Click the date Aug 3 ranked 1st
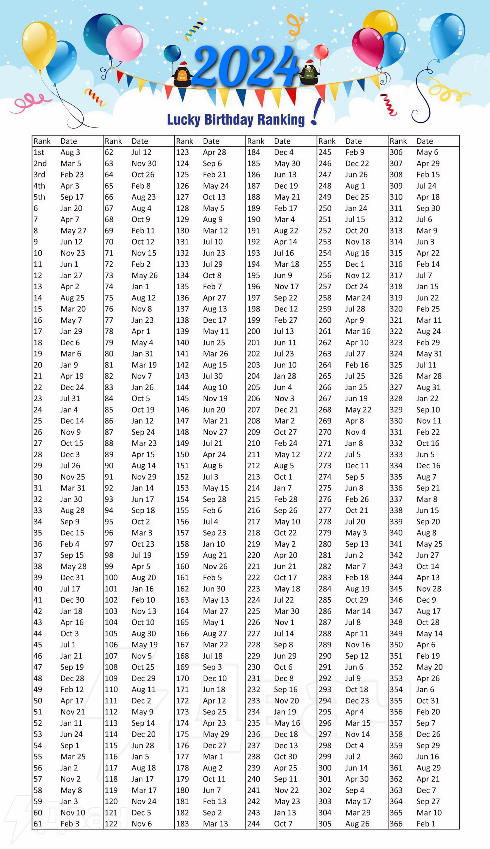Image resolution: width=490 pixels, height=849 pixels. [70, 152]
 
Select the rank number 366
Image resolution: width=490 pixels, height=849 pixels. [396, 824]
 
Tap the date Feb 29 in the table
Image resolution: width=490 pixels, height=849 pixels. [428, 343]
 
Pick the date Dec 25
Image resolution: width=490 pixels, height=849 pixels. [357, 197]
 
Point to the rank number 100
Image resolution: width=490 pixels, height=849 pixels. [111, 577]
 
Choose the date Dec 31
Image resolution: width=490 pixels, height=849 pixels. [72, 577]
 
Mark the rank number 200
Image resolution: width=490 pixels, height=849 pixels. [253, 331]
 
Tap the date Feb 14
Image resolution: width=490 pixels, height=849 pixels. [428, 264]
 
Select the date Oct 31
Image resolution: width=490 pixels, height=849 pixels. [427, 701]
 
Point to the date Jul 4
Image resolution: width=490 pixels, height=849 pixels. [210, 522]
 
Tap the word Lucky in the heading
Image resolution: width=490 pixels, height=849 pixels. [184, 119]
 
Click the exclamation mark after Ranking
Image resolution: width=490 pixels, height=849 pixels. [315, 113]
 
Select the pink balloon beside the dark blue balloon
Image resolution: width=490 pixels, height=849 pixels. [124, 43]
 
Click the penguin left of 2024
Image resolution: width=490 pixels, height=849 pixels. [182, 74]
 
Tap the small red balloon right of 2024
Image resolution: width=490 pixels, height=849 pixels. [321, 52]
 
